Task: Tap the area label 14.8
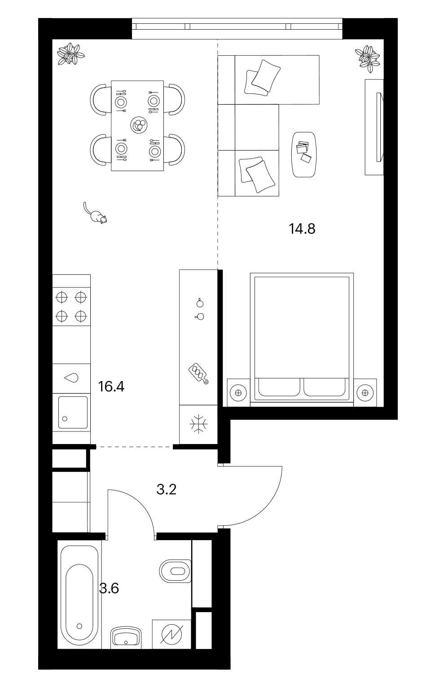[x=302, y=229]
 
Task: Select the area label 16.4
[x=111, y=386]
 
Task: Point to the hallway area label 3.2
[x=167, y=490]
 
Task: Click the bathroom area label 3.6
[x=109, y=588]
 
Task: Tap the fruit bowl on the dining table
[x=139, y=124]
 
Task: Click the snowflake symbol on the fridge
[x=198, y=424]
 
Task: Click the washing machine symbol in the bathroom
[x=172, y=635]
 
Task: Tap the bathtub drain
[x=79, y=626]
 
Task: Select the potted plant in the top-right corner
[x=368, y=58]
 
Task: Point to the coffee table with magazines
[x=304, y=155]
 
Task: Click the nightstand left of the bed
[x=238, y=393]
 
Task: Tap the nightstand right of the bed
[x=365, y=393]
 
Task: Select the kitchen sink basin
[x=73, y=412]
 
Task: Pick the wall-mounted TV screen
[x=380, y=127]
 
